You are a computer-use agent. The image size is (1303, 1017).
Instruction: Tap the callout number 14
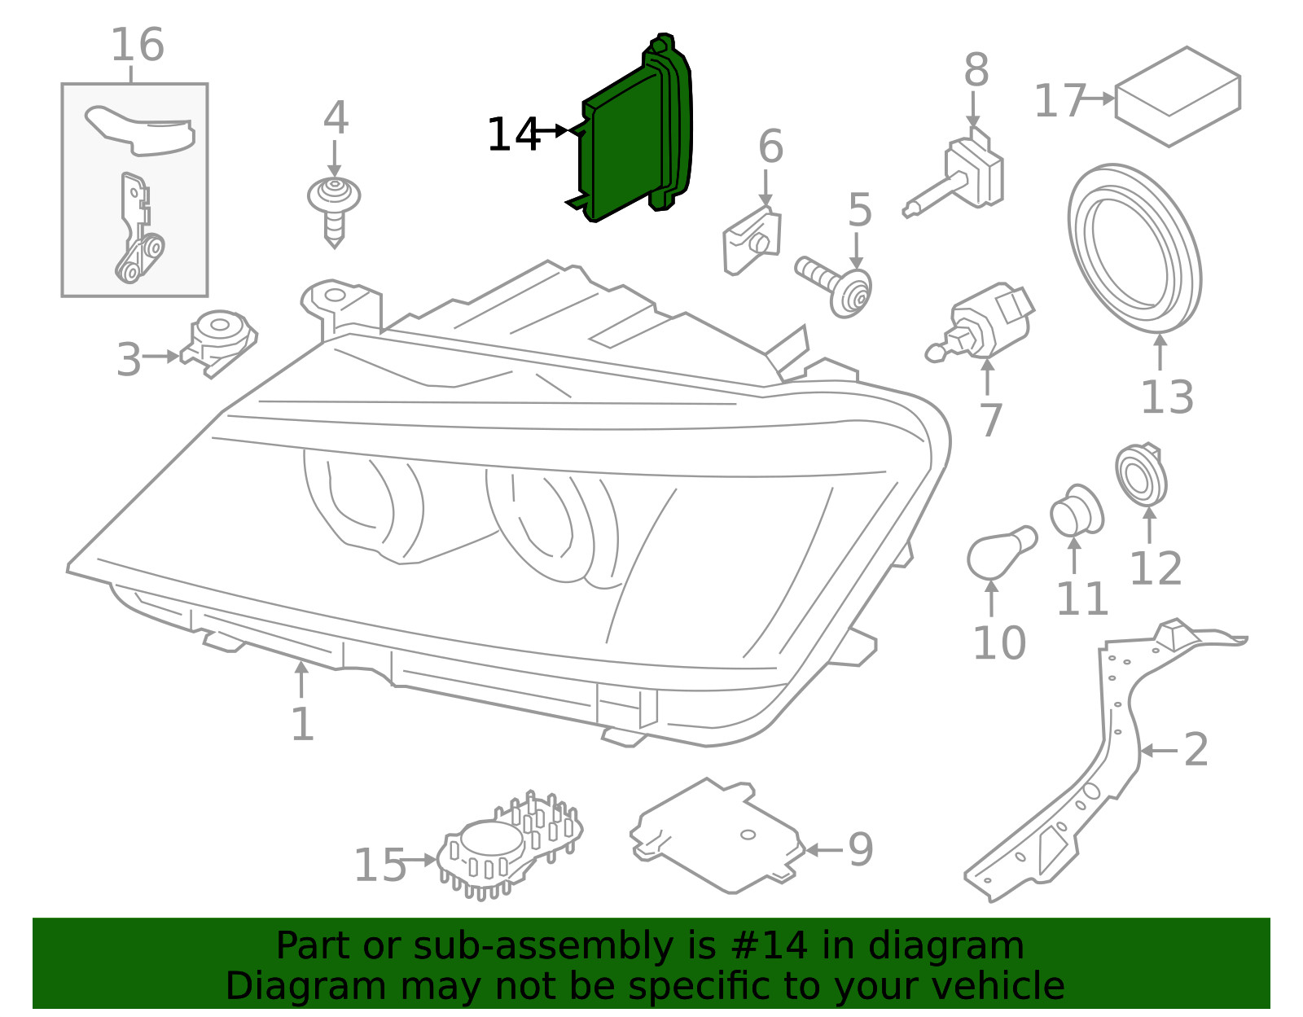513,134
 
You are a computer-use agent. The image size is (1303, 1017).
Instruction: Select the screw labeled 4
334,208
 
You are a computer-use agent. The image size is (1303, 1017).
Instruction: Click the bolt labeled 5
839,285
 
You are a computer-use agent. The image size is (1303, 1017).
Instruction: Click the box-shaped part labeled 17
1177,96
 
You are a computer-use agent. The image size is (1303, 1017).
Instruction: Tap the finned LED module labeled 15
509,847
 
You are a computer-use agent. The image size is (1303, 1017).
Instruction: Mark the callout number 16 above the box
137,45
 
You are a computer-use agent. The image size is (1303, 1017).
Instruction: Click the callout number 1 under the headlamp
302,723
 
